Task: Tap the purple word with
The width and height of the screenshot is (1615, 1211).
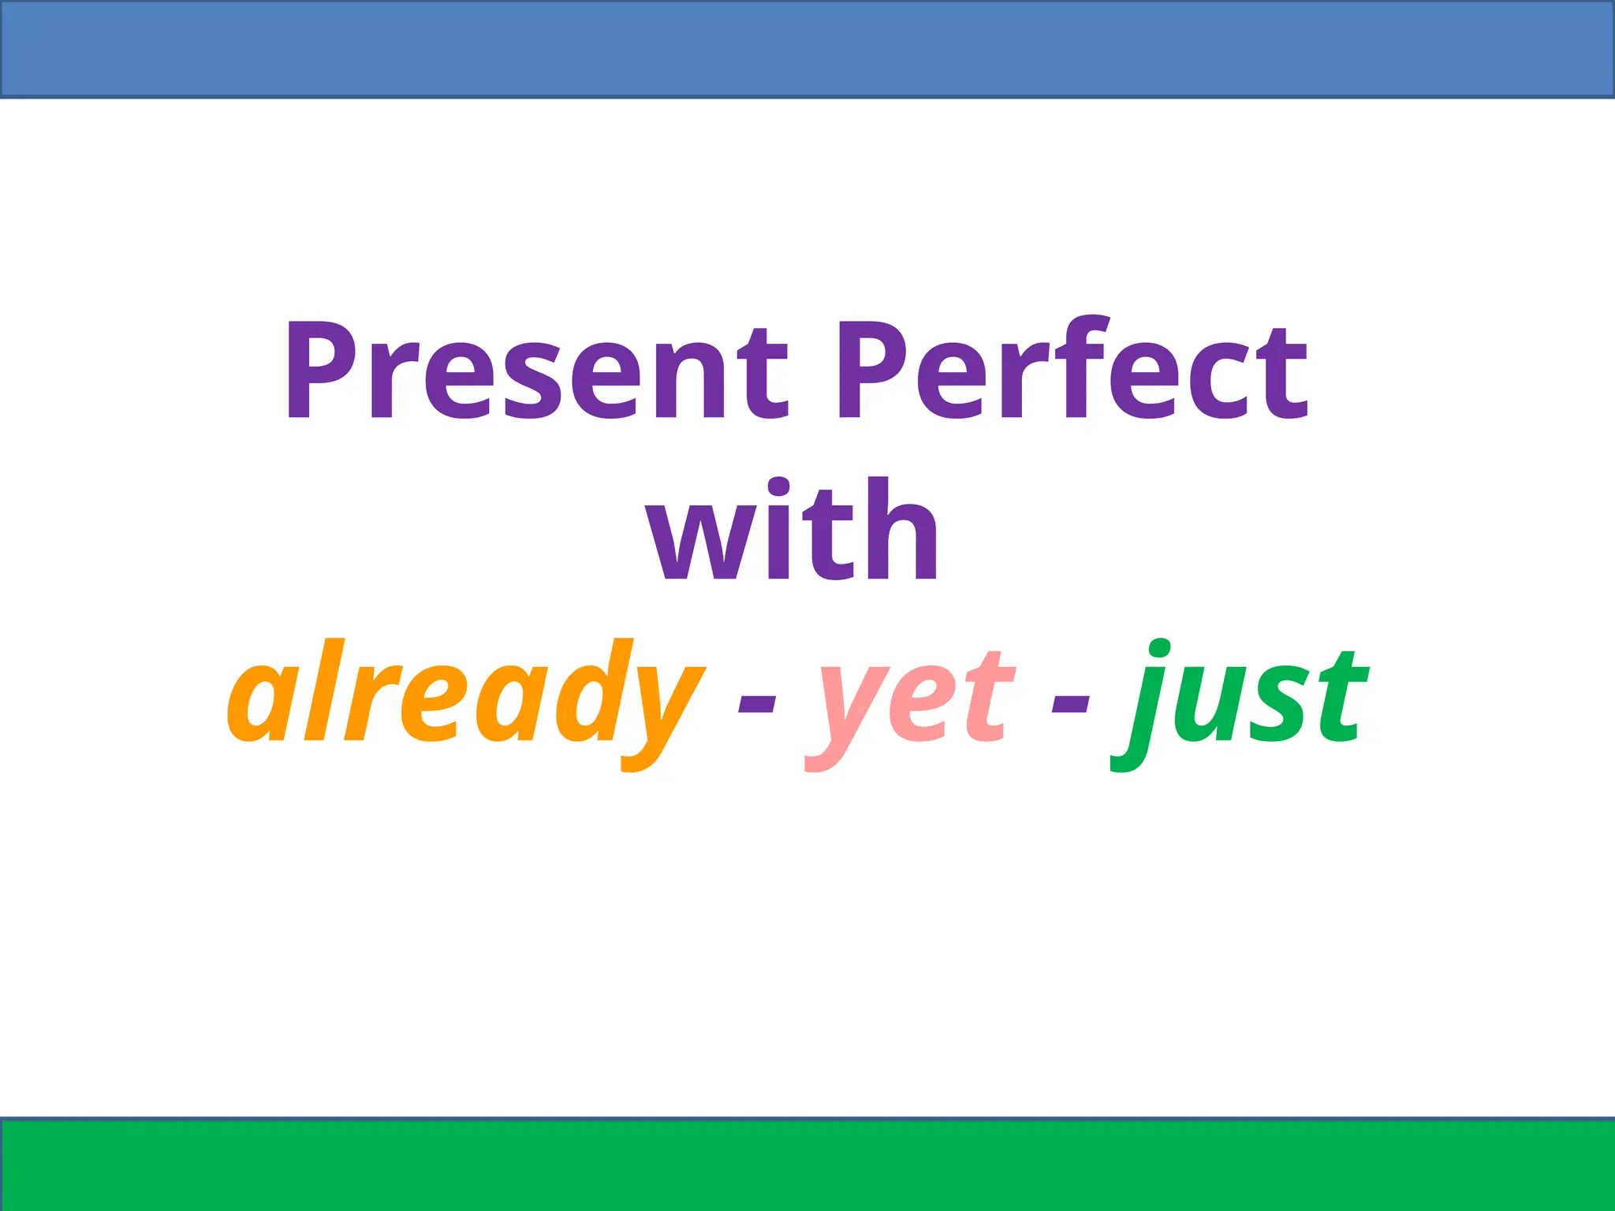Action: click(x=793, y=530)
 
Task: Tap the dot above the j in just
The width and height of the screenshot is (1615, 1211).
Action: click(x=1158, y=648)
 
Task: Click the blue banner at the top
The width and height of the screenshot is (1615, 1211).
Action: click(x=807, y=49)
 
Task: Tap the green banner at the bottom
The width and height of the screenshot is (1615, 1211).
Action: click(x=807, y=1165)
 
